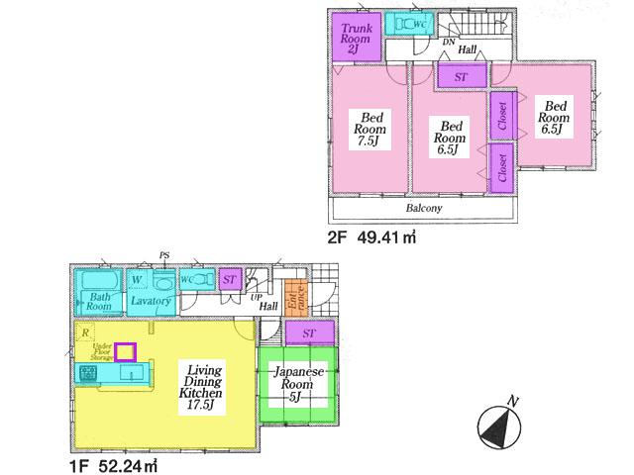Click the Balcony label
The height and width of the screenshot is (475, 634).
tap(423, 209)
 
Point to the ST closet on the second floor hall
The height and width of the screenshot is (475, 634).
tap(461, 76)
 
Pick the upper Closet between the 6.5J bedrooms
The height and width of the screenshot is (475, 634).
tap(500, 117)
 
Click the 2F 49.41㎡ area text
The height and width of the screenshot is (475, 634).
tap(371, 237)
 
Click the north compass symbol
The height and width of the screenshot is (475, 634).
tap(498, 427)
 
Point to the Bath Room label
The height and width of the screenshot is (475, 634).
tap(97, 301)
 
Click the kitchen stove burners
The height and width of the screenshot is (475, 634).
tap(87, 373)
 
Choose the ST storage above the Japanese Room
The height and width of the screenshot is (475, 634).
tap(309, 333)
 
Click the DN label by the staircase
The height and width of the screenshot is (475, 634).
tap(448, 43)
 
